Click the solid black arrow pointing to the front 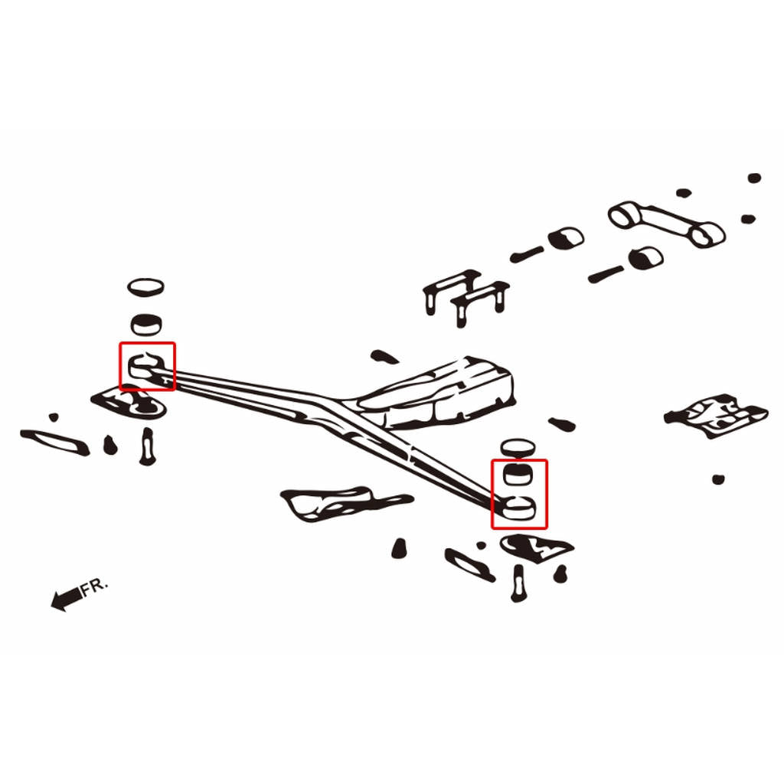coord(67,599)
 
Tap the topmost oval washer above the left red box coord(145,287)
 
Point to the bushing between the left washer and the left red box coord(146,325)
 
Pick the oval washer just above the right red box coord(518,448)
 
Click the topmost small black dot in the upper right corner coord(754,178)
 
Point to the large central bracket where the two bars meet coord(436,394)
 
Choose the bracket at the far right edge coord(716,416)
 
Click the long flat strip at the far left coord(55,443)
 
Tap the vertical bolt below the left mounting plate coord(147,446)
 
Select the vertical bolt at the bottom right coord(518,583)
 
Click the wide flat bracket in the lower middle coord(345,502)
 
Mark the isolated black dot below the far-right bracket coord(718,479)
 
